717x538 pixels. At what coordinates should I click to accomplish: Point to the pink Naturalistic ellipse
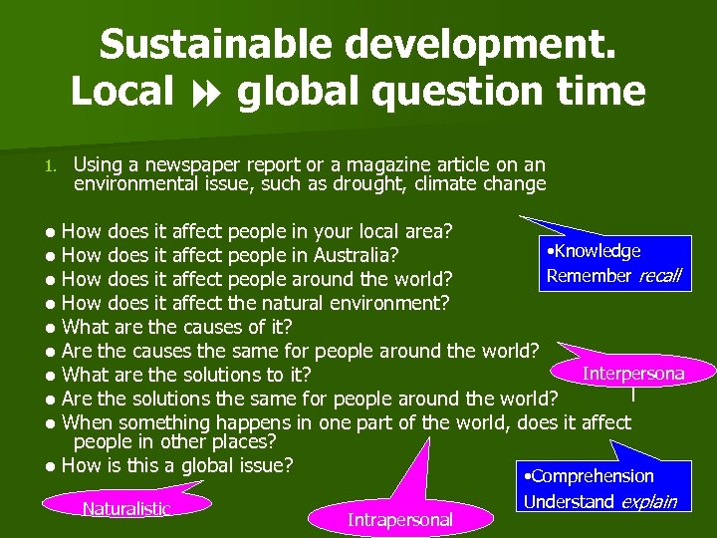coord(126,508)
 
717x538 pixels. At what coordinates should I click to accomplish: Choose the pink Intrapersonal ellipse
coord(399,518)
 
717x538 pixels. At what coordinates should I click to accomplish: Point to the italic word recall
coord(659,275)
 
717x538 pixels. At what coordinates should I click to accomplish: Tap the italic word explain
coord(647,501)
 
